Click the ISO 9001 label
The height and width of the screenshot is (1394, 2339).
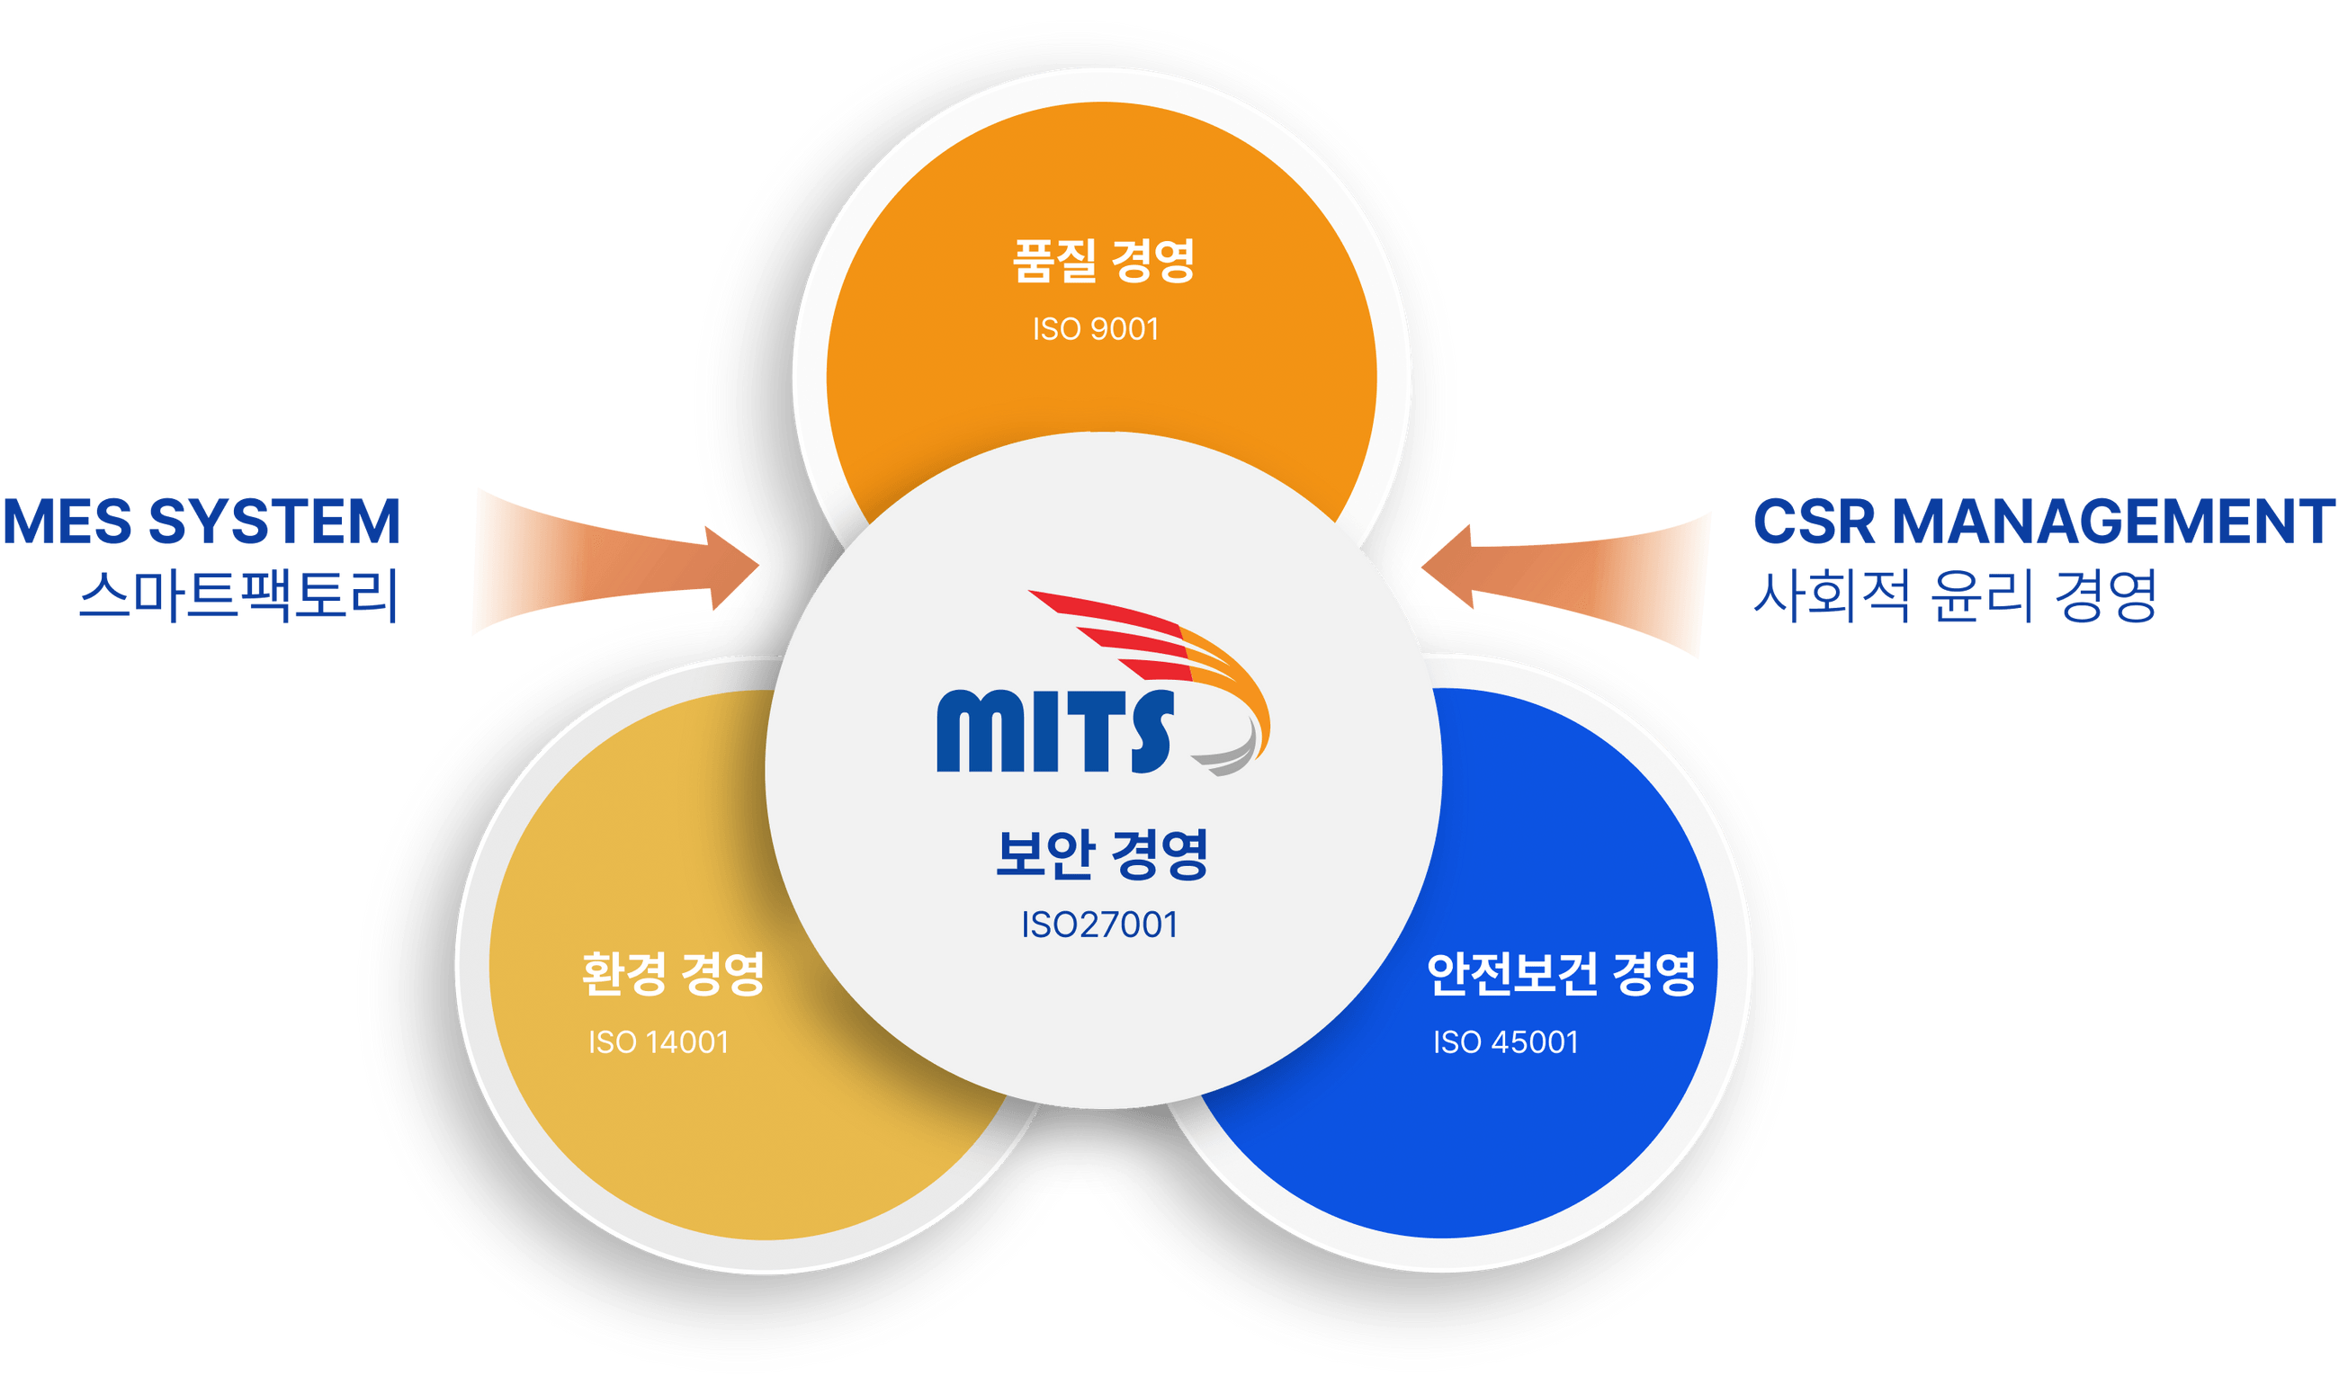tap(1096, 329)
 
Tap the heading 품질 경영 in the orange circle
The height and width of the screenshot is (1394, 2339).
tap(1103, 260)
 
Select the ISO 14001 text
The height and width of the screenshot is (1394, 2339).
tap(658, 1041)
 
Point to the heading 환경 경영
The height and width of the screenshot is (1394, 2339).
tap(673, 973)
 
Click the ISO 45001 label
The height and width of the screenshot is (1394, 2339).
tap(1505, 1041)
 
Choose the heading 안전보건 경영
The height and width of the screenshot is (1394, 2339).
tap(1560, 973)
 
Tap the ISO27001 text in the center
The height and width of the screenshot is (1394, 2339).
tap(1099, 925)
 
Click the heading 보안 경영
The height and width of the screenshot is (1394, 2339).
tap(1102, 853)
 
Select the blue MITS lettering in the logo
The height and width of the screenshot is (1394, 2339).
tap(1055, 732)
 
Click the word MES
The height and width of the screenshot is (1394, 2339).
tap(67, 522)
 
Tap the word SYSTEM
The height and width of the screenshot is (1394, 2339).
tap(274, 522)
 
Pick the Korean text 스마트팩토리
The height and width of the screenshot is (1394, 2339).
tap(238, 595)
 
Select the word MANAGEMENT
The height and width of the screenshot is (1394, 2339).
tap(2112, 522)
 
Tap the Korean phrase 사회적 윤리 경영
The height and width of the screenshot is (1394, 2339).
tap(1954, 595)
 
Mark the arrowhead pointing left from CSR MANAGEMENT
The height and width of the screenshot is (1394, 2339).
tap(1447, 567)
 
